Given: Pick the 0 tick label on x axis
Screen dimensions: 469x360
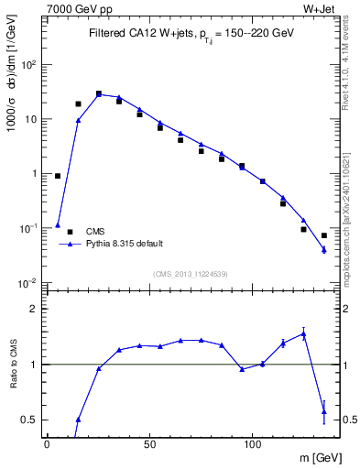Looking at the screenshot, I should point(47,442).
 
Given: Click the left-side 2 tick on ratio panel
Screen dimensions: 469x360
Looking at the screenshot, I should point(35,309).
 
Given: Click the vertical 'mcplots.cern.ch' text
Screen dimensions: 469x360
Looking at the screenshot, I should point(352,220).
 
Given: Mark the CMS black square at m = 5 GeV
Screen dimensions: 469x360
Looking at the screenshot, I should point(58,176).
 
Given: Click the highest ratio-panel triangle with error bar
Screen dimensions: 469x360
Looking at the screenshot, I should point(303,334).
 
